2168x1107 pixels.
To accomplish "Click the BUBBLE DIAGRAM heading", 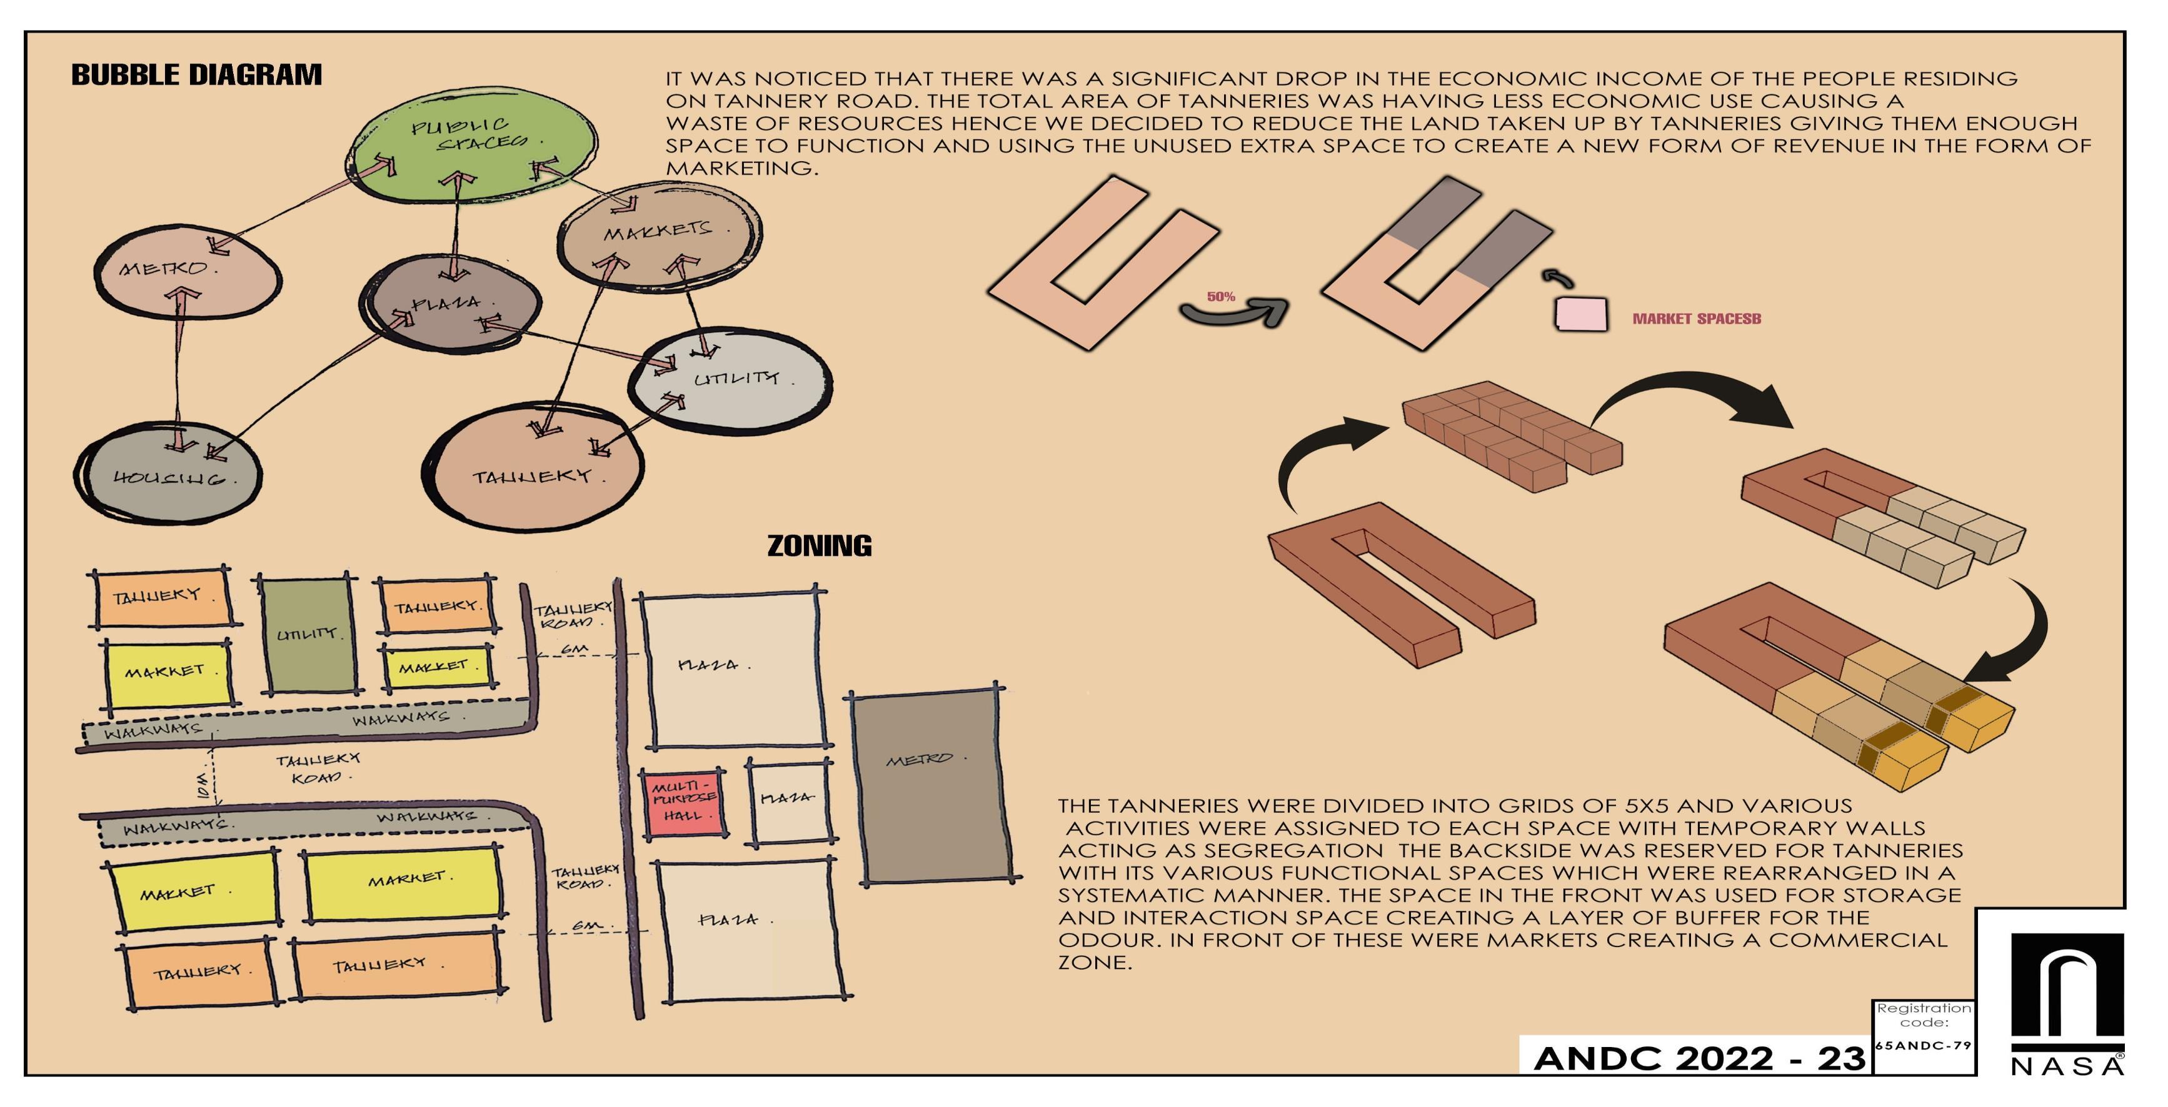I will pyautogui.click(x=196, y=75).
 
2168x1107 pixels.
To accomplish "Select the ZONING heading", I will pyautogui.click(x=819, y=546).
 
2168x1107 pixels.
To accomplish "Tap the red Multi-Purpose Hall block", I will pyautogui.click(x=683, y=802).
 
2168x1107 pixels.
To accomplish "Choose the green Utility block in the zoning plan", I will pyautogui.click(x=306, y=635).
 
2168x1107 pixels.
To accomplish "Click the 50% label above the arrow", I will pyautogui.click(x=1220, y=297).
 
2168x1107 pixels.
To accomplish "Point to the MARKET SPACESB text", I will pyautogui.click(x=1696, y=319).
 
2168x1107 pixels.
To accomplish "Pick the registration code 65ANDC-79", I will pyautogui.click(x=1924, y=1046).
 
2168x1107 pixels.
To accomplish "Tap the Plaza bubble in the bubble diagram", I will pyautogui.click(x=452, y=304).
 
